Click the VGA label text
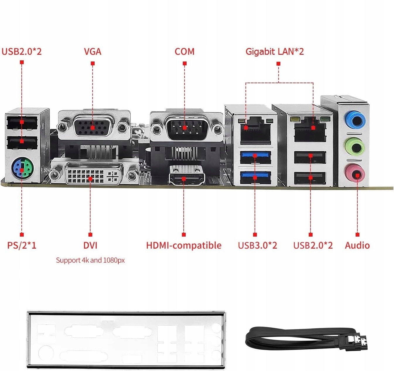point(93,52)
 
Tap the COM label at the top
point(184,52)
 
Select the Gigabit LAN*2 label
point(274,52)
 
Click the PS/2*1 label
point(22,245)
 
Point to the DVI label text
point(90,245)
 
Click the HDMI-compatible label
point(184,245)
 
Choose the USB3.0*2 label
point(257,245)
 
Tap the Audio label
point(357,245)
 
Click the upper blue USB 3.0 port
point(255,157)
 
